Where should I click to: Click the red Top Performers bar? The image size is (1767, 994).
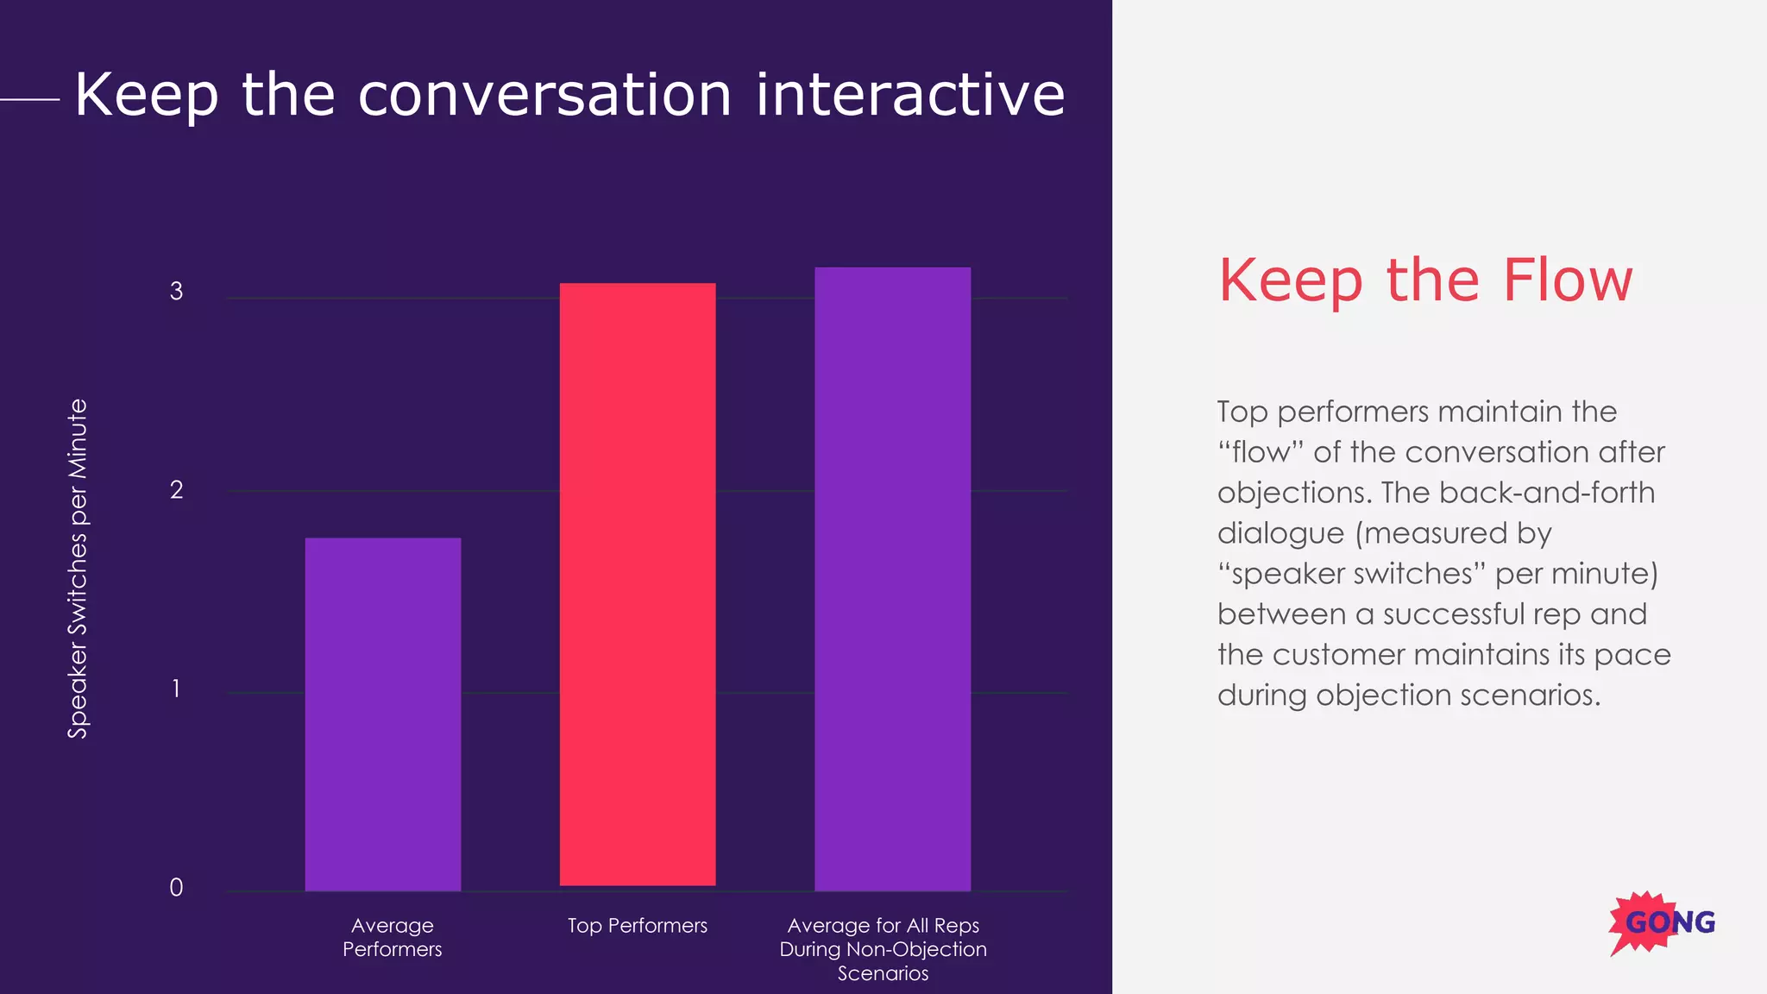[x=638, y=584]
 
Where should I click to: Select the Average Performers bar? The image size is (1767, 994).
[x=383, y=714]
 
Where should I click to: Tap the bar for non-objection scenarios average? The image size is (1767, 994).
[x=892, y=578]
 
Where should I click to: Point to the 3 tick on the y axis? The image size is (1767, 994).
[x=176, y=292]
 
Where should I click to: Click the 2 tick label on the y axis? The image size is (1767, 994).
[x=176, y=490]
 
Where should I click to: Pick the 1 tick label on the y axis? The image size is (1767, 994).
[x=176, y=689]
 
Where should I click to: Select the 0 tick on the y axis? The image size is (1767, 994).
[x=176, y=887]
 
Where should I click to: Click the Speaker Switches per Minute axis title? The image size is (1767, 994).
[x=78, y=569]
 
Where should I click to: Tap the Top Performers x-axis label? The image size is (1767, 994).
[x=638, y=926]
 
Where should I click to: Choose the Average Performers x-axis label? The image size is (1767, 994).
[x=392, y=937]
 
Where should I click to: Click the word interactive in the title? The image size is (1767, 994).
[x=910, y=94]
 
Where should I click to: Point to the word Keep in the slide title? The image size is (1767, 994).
[x=146, y=96]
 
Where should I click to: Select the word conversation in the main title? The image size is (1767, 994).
[x=544, y=94]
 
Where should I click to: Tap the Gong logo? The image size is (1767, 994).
[x=1662, y=922]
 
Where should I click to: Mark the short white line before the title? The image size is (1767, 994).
[x=29, y=99]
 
